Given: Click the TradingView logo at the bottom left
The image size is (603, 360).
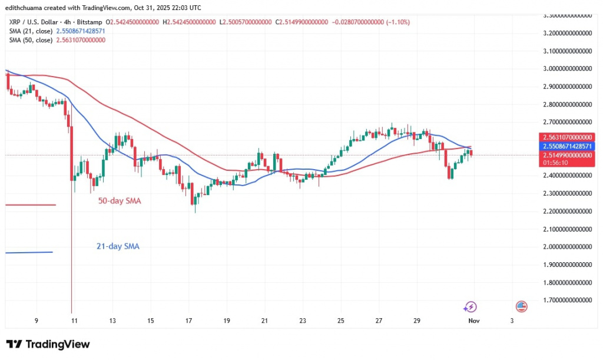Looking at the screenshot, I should (x=48, y=344).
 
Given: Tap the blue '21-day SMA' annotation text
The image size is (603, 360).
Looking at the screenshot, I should (x=118, y=246).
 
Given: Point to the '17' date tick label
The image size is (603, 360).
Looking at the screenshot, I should (x=188, y=321).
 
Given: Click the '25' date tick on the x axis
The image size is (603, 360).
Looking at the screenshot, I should (x=341, y=321).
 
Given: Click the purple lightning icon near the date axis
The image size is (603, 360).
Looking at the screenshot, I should (x=470, y=306).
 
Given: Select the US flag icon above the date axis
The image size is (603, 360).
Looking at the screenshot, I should (x=521, y=306).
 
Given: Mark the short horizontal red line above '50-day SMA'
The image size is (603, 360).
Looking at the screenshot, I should (x=30, y=205).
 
